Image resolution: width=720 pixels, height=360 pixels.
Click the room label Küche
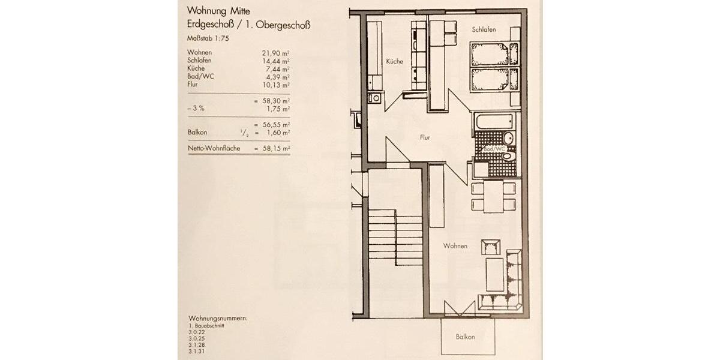point(394,61)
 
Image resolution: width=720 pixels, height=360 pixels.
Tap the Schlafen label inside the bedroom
point(484,29)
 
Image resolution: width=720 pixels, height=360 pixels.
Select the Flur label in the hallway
point(425,137)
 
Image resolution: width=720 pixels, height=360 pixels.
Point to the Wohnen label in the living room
point(455,246)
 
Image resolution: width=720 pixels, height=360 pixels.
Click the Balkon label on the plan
point(464,337)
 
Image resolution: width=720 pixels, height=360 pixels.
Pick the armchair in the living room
point(490,245)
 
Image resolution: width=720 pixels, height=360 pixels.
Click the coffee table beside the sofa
point(494,274)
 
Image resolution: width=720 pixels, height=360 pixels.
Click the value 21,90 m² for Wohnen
point(272,52)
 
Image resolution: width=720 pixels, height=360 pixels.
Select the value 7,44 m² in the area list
point(274,68)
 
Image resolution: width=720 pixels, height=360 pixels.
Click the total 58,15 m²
point(274,147)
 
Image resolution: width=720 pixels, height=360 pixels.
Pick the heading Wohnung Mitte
point(218,10)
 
